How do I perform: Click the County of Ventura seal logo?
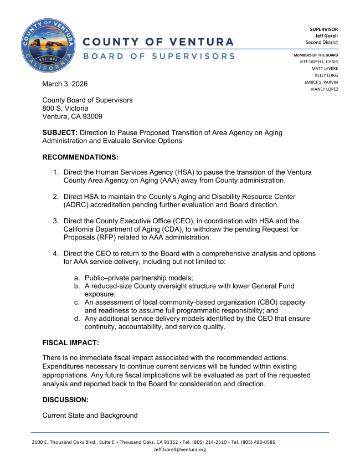48,48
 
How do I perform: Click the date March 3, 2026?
65,84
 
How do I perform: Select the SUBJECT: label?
60,133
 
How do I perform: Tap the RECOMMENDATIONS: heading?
80,157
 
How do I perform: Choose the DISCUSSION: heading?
65,399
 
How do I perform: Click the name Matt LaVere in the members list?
326,68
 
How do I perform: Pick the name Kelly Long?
326,75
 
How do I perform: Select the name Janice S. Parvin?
321,82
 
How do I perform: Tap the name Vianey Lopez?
323,89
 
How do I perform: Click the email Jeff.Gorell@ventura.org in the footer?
179,449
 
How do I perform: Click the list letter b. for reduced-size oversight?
77,285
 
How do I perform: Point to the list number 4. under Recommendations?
56,253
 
